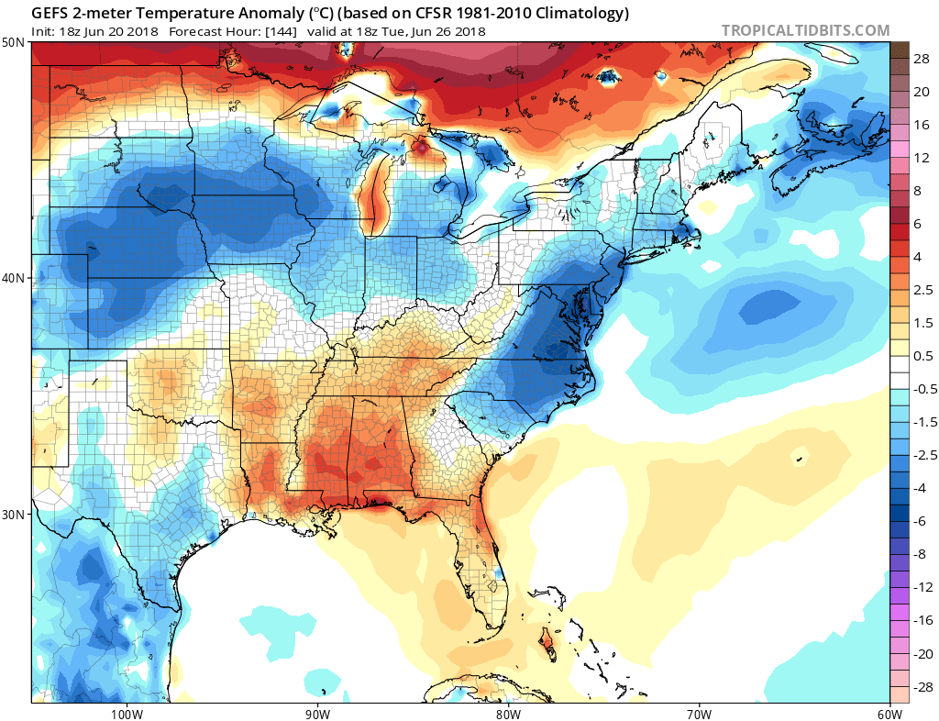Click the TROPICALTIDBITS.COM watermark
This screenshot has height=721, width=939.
(805, 30)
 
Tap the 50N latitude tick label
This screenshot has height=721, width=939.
(14, 43)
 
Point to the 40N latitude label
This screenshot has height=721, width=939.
(14, 278)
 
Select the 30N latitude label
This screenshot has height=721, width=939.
(14, 514)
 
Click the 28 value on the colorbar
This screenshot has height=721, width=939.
(922, 58)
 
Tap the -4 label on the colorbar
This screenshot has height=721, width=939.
(921, 488)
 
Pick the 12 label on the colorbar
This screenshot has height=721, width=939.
(922, 158)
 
